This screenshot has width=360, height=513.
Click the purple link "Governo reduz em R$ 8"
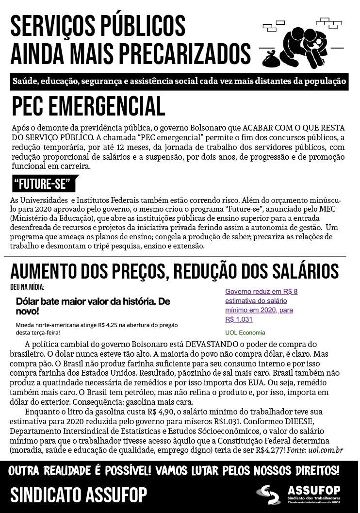point(261,292)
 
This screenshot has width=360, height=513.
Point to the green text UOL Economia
point(245,332)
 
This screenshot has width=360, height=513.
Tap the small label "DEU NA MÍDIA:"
point(27,287)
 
